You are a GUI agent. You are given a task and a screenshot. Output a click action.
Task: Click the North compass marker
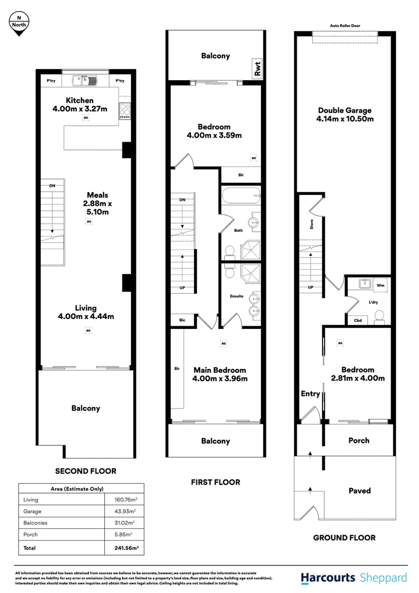click(19, 23)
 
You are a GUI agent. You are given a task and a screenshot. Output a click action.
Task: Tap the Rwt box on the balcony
click(256, 69)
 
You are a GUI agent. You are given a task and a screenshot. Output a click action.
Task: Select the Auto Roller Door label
click(345, 25)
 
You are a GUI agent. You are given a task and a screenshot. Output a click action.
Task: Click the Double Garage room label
click(344, 114)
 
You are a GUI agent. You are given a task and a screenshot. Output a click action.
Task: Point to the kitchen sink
click(86, 81)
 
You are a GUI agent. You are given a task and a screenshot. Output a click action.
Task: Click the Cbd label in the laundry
click(358, 320)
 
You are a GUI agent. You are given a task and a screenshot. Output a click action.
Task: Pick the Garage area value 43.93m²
click(122, 511)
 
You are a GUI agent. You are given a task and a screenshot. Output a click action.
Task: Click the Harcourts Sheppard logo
click(354, 578)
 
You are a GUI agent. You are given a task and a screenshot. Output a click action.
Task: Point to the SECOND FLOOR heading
click(86, 471)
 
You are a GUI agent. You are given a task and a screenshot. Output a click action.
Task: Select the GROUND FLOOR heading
click(344, 538)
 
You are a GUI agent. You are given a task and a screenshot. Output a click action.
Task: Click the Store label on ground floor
click(312, 224)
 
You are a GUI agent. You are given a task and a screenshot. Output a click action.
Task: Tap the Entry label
click(310, 394)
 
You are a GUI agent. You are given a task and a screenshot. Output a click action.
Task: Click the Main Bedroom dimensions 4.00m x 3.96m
click(219, 378)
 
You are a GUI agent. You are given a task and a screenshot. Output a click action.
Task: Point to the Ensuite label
click(236, 296)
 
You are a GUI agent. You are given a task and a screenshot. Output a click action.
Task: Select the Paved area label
click(360, 490)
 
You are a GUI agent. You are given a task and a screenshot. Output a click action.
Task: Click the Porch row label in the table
click(31, 534)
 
